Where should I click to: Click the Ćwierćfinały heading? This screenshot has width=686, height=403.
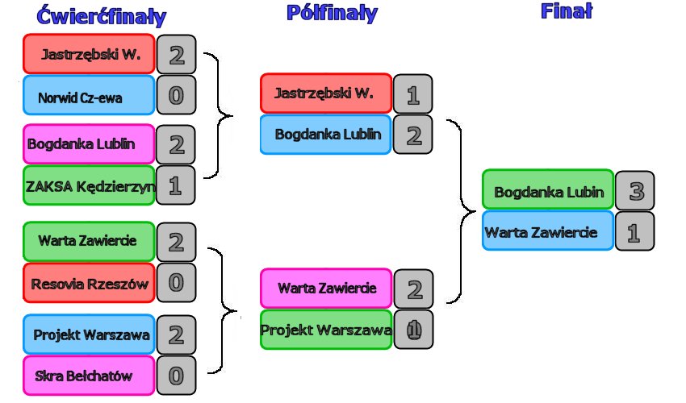coord(102,16)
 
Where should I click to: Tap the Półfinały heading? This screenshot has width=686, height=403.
coord(331,13)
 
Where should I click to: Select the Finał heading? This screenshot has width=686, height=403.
coord(566,10)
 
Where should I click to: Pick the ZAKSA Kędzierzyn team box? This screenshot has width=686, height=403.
coord(88,186)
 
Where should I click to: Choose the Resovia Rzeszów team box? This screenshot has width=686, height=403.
coord(88,283)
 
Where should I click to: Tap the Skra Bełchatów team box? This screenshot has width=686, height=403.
coord(88,376)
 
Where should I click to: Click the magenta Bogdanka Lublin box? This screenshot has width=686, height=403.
coord(88,144)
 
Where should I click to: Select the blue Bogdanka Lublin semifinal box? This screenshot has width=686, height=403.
coord(326,135)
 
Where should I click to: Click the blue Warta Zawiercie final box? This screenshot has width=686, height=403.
coord(548,232)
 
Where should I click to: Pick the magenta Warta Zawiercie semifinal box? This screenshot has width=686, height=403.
coord(326,289)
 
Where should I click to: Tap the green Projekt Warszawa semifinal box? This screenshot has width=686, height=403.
coord(326,330)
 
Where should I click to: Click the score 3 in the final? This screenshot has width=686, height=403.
coord(634,191)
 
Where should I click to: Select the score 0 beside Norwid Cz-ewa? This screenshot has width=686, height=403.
coord(176,96)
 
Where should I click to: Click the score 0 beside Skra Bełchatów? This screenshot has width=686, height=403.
coord(176,376)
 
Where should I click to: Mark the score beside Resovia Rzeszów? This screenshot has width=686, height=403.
coord(176,283)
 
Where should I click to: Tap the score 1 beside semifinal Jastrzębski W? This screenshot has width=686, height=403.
coord(413,95)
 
